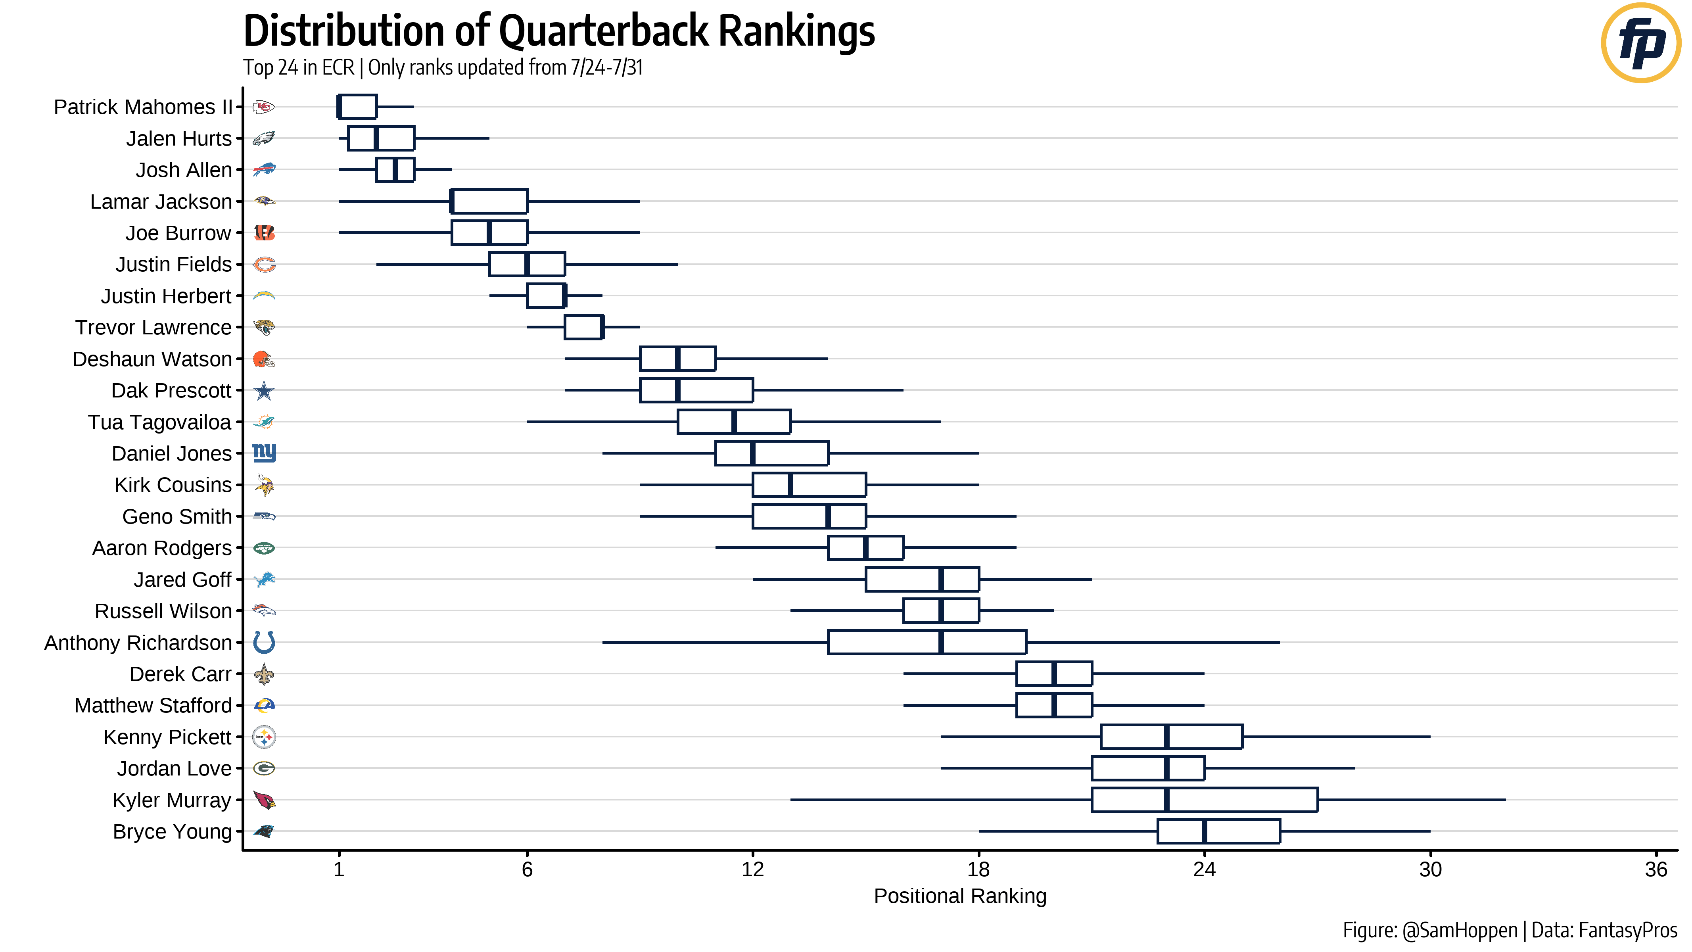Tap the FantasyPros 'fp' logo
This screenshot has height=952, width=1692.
[1640, 43]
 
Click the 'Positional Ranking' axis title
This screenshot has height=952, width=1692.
[959, 896]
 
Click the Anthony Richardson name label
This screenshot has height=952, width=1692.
[138, 643]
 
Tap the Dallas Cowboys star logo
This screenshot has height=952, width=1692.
[264, 391]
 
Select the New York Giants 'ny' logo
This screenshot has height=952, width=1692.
[264, 453]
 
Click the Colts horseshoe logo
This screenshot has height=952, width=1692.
[264, 643]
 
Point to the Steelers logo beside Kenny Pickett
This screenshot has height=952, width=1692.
[264, 737]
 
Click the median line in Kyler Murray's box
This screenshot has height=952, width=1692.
[1166, 800]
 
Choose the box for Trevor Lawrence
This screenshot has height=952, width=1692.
[583, 327]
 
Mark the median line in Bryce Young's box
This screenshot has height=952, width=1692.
[1204, 832]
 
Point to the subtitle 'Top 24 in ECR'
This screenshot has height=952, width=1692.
[299, 68]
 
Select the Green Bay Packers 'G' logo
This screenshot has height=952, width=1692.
[264, 769]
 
